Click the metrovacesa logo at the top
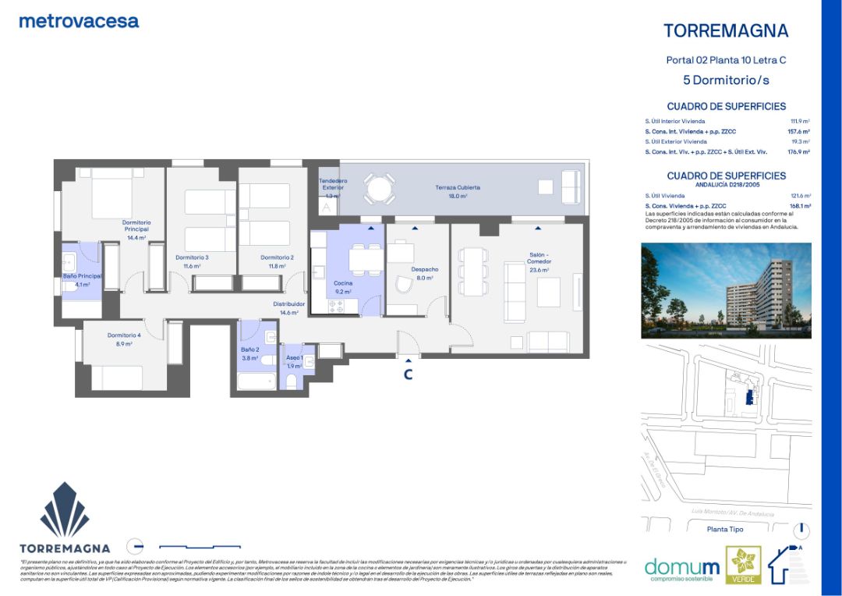79,21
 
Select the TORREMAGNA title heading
725,31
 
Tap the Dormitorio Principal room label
136,226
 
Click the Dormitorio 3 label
192,257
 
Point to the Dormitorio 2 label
277,257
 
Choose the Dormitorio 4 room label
124,335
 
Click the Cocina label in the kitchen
343,284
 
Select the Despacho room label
425,270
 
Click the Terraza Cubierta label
457,188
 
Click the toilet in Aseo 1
292,381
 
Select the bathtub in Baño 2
256,382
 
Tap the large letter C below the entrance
407,374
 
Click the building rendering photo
725,290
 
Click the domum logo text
682,566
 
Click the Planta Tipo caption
724,530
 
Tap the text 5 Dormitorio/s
725,80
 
